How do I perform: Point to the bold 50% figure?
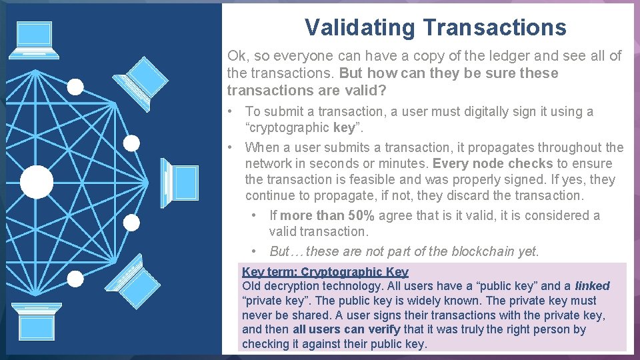coord(360,215)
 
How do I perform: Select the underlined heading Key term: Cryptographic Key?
coord(325,271)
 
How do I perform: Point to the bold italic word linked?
coord(592,286)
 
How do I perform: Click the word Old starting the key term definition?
coord(252,286)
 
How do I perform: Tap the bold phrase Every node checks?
coord(493,163)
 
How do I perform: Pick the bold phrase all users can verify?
coord(347,329)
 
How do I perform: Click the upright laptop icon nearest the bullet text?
coord(180,183)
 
